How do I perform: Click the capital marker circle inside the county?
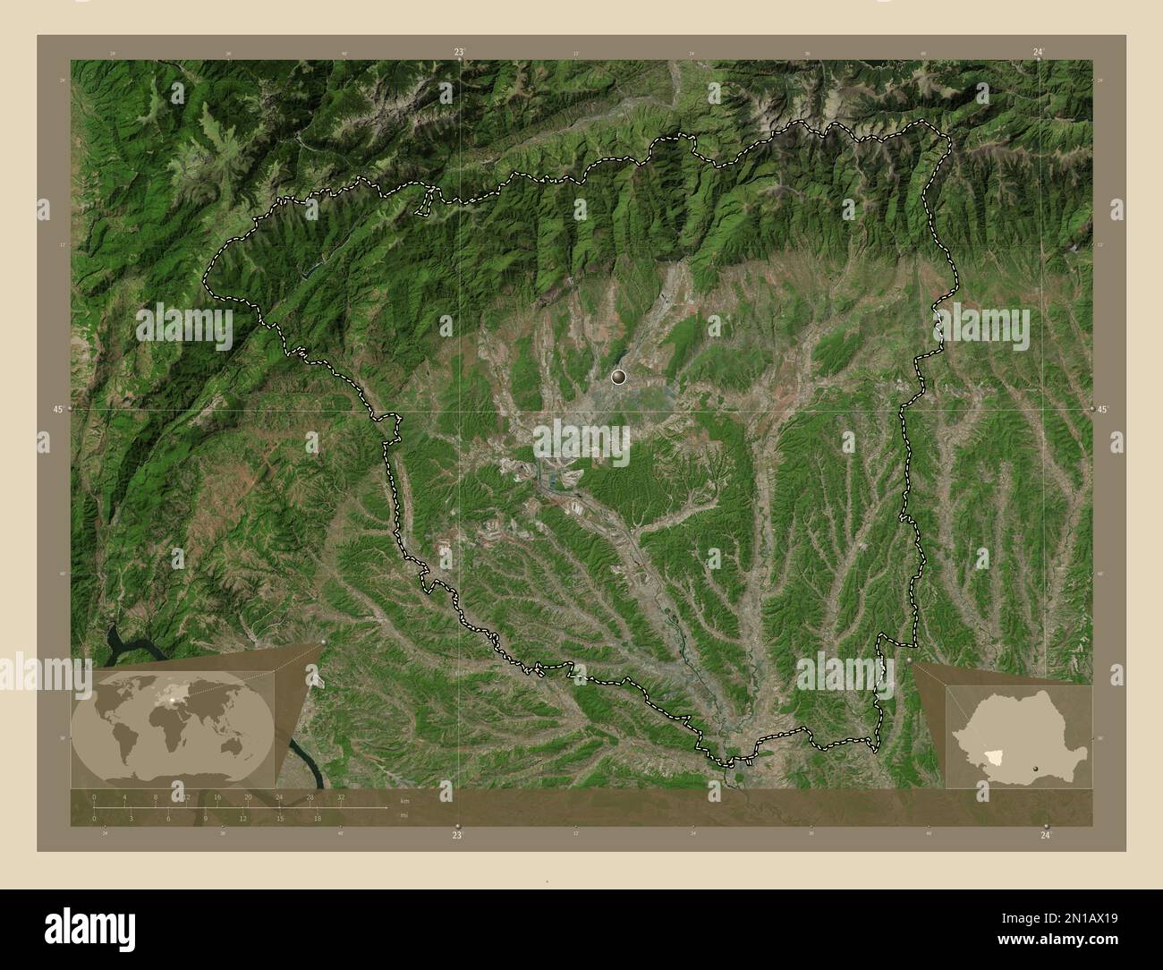618,378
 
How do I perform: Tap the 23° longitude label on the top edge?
459,53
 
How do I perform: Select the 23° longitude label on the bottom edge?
457,835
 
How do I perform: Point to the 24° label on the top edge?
1037,53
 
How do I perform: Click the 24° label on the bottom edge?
1046,835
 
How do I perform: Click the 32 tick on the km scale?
341,796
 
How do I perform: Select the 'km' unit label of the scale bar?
404,800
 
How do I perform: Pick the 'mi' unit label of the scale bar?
404,815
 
